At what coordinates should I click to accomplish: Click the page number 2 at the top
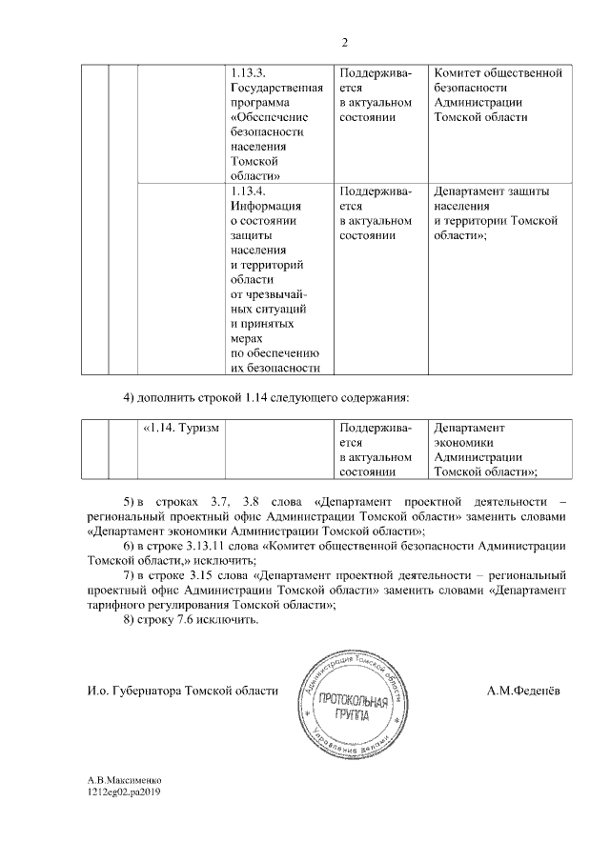click(x=345, y=41)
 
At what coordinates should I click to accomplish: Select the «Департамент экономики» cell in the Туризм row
click(x=484, y=450)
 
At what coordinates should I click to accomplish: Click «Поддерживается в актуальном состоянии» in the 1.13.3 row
click(x=376, y=95)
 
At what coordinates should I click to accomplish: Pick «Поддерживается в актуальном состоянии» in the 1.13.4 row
click(x=376, y=212)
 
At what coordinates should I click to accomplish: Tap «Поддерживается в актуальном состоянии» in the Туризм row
click(x=376, y=450)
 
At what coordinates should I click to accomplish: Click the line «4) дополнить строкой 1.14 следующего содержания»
click(x=266, y=396)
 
